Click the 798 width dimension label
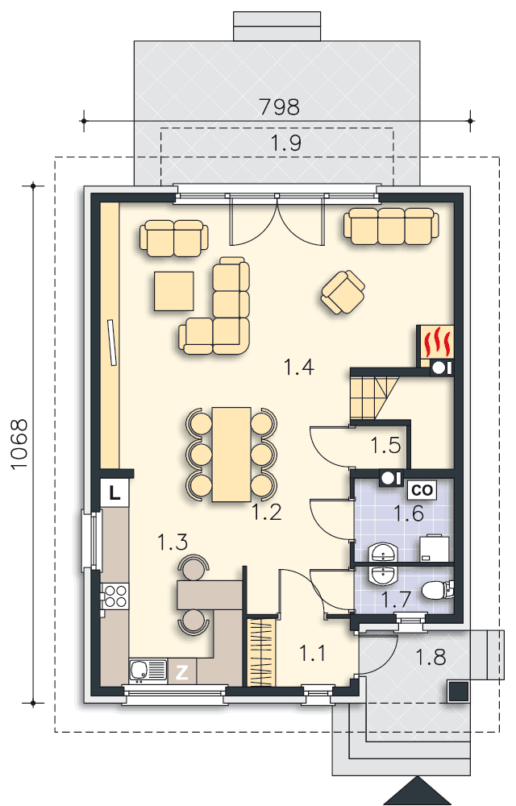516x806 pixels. tap(279, 106)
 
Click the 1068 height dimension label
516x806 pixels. tap(19, 444)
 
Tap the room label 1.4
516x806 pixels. tap(298, 367)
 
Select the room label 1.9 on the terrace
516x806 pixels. tap(285, 143)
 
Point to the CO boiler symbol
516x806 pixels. tap(422, 490)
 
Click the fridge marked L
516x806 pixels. tap(114, 494)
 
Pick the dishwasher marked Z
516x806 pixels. tap(182, 672)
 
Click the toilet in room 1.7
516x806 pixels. tap(437, 591)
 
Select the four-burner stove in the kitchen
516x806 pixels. tap(114, 596)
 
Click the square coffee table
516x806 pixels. tap(173, 292)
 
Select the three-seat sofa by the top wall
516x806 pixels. tap(391, 226)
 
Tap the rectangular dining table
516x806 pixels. tap(231, 454)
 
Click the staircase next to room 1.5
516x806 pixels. tap(374, 397)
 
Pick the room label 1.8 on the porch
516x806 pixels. tap(431, 657)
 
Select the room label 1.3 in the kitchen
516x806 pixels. tap(173, 542)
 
